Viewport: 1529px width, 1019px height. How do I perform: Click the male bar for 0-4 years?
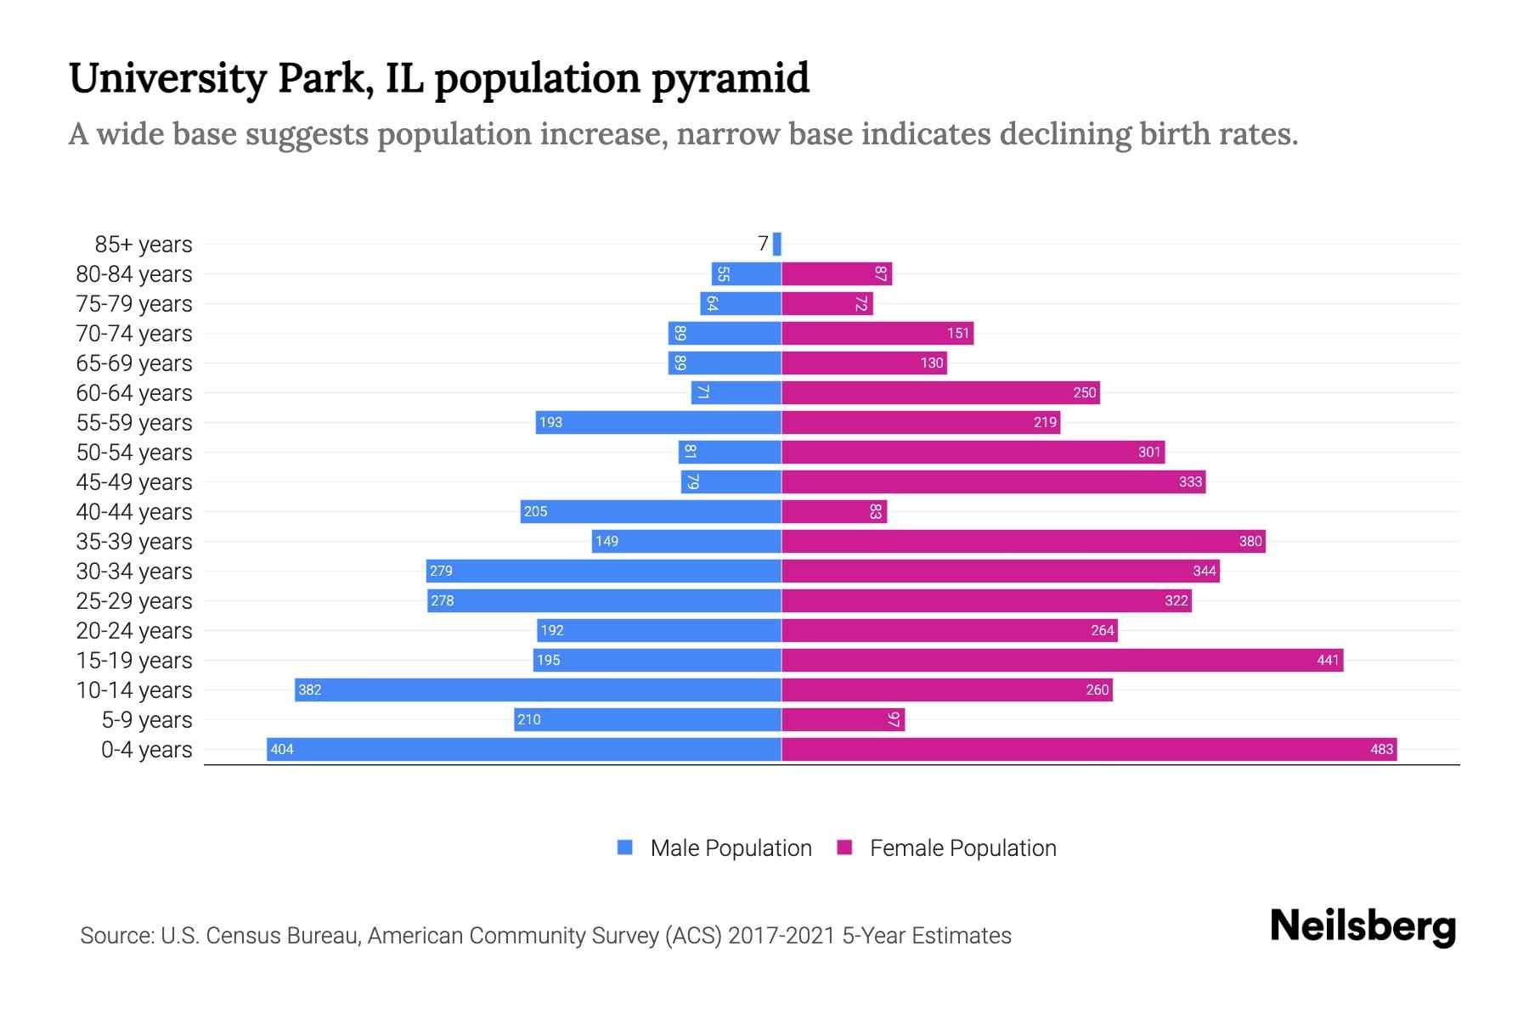click(x=524, y=749)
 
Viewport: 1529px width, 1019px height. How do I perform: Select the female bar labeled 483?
click(x=1089, y=749)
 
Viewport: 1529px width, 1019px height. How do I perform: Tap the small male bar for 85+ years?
click(x=777, y=244)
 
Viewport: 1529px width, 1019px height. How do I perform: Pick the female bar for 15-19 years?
click(x=1062, y=660)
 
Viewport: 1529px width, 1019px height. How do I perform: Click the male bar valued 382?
click(x=538, y=690)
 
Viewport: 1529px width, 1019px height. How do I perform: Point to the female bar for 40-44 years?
click(x=834, y=511)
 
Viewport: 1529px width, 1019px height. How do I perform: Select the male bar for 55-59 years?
click(x=658, y=422)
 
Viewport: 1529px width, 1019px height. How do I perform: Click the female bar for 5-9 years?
click(x=843, y=719)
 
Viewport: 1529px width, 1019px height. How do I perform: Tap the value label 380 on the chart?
click(x=1250, y=541)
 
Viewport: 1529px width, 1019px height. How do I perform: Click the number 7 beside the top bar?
click(x=763, y=244)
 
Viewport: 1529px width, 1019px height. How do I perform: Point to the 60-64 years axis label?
click(x=134, y=393)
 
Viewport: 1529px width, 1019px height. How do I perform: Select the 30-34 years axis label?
click(x=134, y=571)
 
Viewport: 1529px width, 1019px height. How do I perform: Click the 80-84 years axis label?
click(x=134, y=274)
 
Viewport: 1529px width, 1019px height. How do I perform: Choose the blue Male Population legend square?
click(x=625, y=847)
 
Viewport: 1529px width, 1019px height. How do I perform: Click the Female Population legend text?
click(x=962, y=848)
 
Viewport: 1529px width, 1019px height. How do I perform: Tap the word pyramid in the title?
click(x=731, y=79)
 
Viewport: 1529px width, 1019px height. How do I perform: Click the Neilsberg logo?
click(x=1363, y=926)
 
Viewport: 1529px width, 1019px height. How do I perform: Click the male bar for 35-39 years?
click(x=686, y=541)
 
